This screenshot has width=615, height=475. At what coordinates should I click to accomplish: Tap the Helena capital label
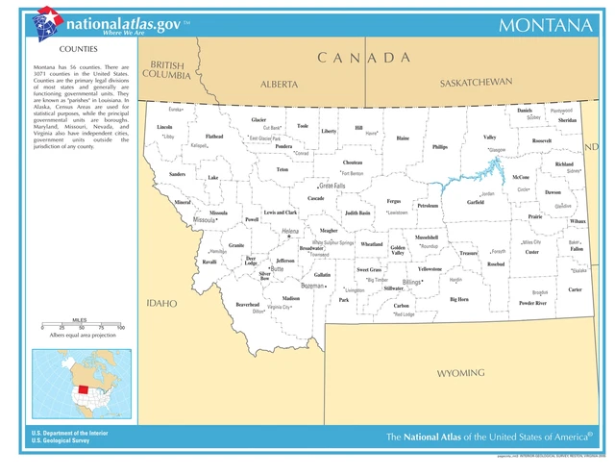pos(290,232)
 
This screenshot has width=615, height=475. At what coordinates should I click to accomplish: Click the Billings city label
pos(412,282)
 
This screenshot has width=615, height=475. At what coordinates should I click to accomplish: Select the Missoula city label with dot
pos(205,220)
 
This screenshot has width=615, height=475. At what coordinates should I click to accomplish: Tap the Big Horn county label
pos(459,299)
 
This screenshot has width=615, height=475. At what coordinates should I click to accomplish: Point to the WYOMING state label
pos(460,372)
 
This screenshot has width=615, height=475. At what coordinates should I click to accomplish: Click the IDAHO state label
pos(161,303)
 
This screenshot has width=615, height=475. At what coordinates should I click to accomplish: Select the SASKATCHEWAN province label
pos(476,83)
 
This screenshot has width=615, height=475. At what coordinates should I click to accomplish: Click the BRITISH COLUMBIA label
pos(166,70)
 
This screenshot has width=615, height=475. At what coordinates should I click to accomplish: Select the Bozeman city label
pos(312,286)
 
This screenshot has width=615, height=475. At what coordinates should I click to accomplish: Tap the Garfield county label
pos(475,203)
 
